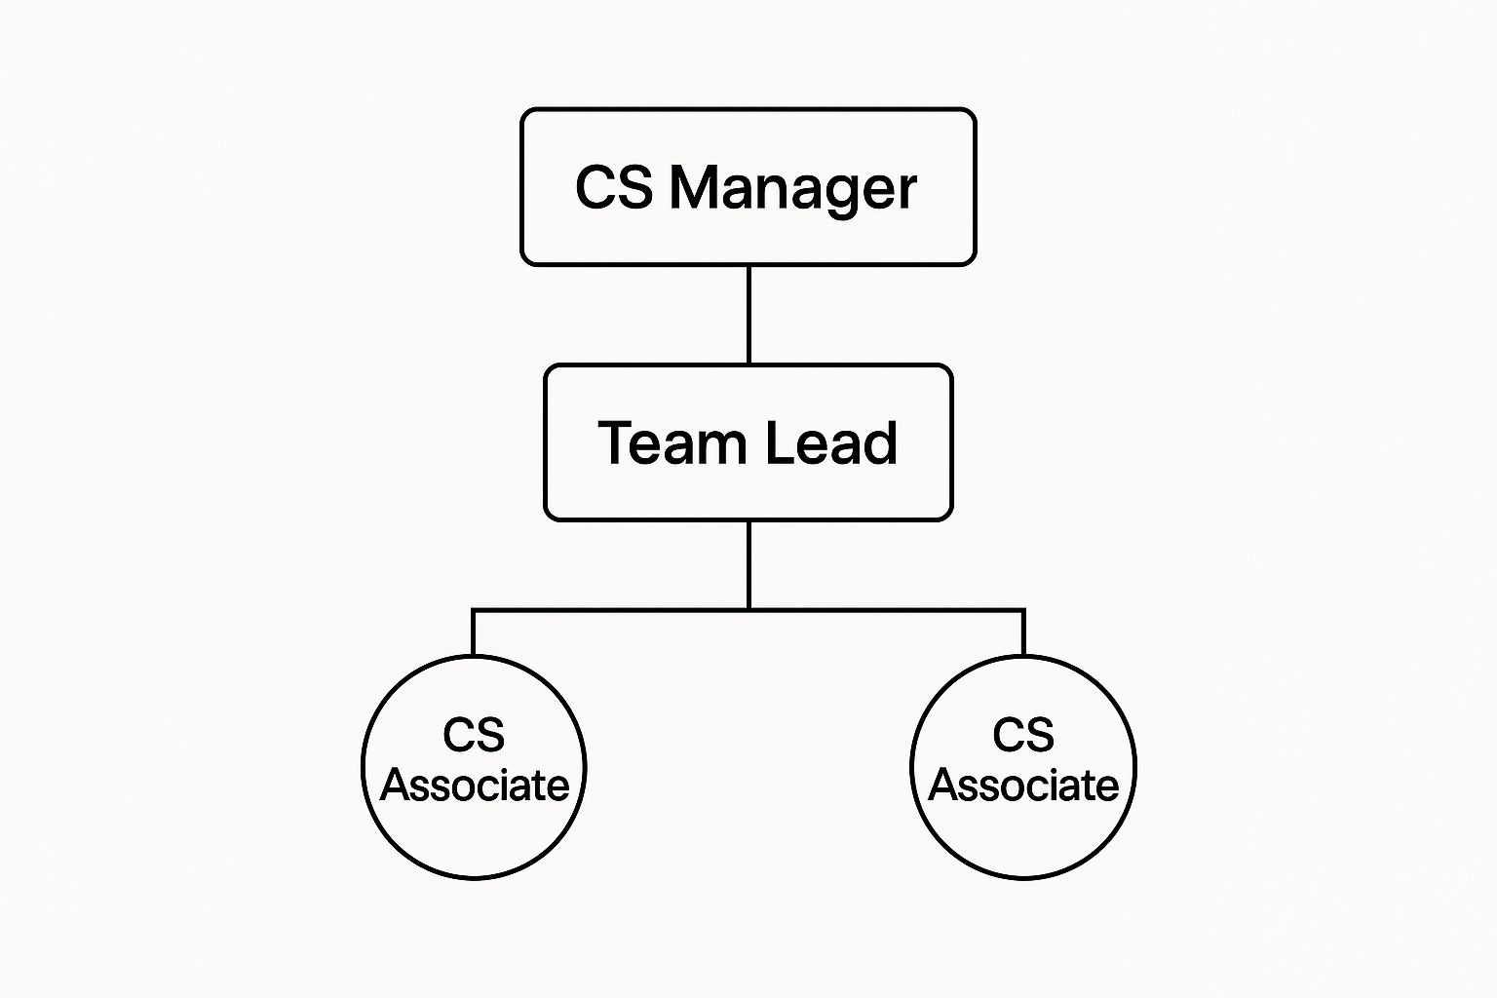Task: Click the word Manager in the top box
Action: point(792,187)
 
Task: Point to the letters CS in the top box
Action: point(613,187)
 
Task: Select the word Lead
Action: point(830,443)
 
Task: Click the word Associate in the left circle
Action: point(475,786)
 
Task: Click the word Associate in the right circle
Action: point(1023,786)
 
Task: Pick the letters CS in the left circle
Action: point(474,735)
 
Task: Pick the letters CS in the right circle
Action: point(1023,735)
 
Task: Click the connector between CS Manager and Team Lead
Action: point(748,314)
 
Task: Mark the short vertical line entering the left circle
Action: point(473,634)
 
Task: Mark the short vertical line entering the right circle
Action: point(1023,634)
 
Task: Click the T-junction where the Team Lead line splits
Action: point(748,610)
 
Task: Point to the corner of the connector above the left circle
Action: point(473,610)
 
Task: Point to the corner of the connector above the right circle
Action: point(1023,610)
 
